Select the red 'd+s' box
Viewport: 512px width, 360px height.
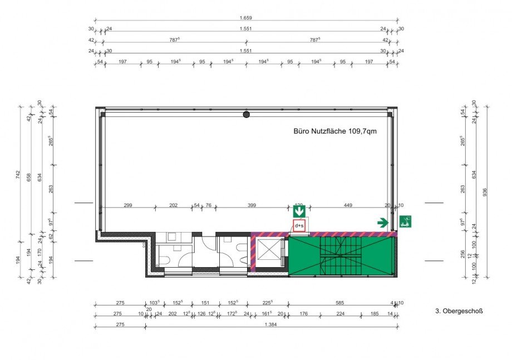pyautogui.click(x=299, y=226)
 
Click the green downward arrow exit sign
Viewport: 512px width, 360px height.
pyautogui.click(x=299, y=211)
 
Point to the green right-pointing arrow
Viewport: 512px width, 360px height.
pyautogui.click(x=382, y=223)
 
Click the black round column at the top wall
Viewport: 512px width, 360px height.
pyautogui.click(x=246, y=115)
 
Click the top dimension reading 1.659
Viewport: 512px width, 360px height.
pyautogui.click(x=246, y=18)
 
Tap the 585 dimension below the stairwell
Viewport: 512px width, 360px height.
pyautogui.click(x=339, y=303)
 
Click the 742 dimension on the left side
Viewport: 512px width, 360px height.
pyautogui.click(x=18, y=175)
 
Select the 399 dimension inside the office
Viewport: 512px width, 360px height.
pyautogui.click(x=252, y=205)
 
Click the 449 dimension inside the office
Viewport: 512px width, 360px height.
pyautogui.click(x=348, y=205)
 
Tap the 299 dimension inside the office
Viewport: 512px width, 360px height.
pyautogui.click(x=127, y=205)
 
